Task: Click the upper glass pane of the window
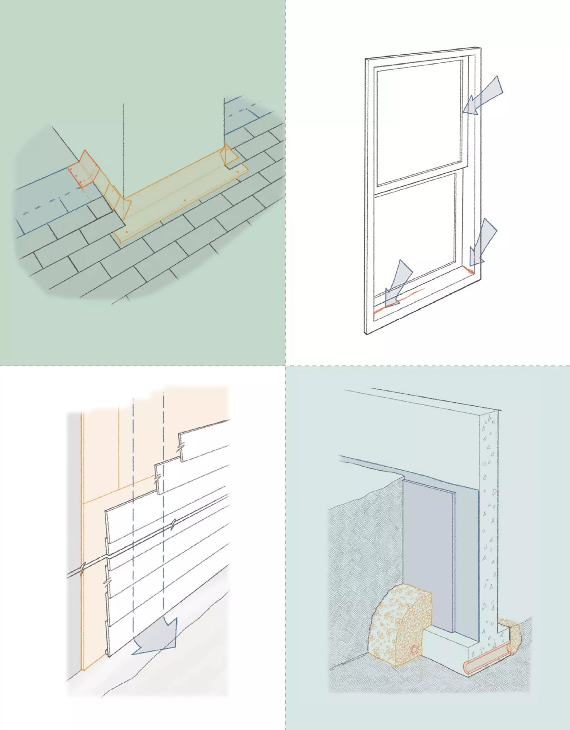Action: pos(419,122)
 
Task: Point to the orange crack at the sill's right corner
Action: pos(470,269)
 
